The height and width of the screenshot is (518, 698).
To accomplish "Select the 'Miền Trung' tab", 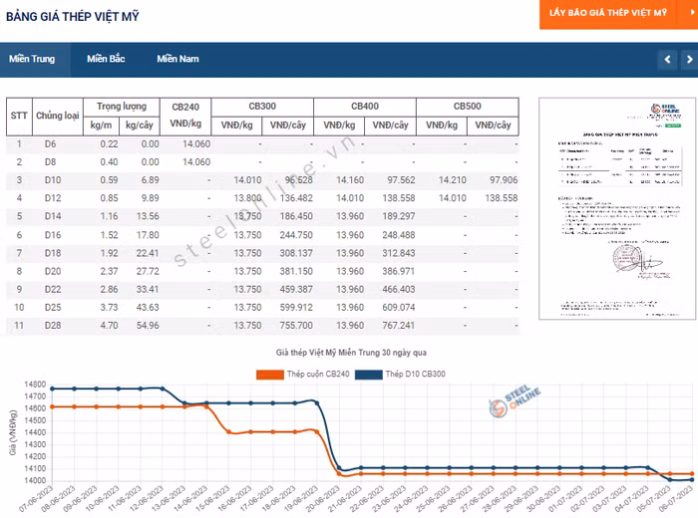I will (x=32, y=59).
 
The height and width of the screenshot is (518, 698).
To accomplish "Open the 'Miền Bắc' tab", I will (x=106, y=59).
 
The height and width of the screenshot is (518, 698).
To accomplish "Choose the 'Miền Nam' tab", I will (x=177, y=59).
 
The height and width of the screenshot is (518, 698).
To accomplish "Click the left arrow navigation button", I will (x=666, y=60).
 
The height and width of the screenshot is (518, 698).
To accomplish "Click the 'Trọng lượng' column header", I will (x=122, y=106).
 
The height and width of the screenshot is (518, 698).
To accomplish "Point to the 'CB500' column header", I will (x=467, y=106).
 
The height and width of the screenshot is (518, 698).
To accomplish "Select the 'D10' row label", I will (x=52, y=179).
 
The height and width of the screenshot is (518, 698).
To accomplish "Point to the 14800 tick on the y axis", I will (x=35, y=385).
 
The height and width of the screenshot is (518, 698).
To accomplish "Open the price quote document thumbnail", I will (x=609, y=208).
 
